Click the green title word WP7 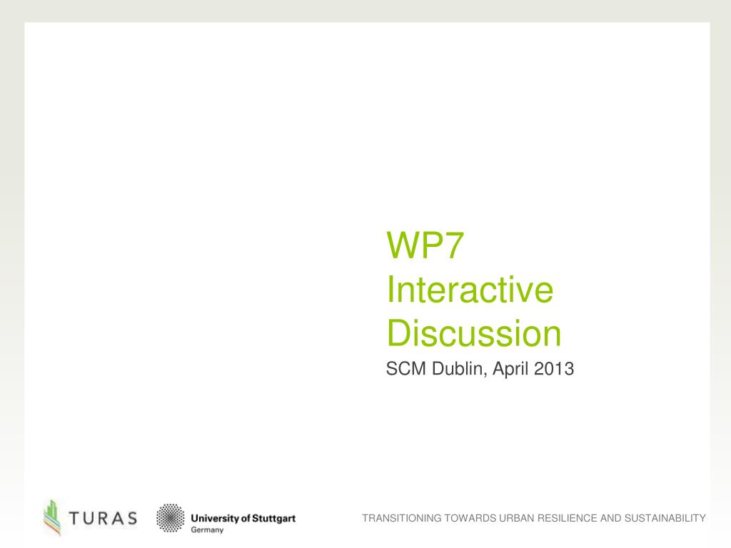coord(426,246)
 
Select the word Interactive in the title coord(470,290)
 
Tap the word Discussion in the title coord(473,334)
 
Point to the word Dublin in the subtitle coord(458,370)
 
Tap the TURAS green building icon coord(51,517)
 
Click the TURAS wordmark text coord(104,518)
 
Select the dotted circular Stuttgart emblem coord(169,518)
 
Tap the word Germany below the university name coord(208,530)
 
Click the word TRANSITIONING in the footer coord(401,518)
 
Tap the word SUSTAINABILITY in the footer coord(665,518)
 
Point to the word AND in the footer coord(610,518)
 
